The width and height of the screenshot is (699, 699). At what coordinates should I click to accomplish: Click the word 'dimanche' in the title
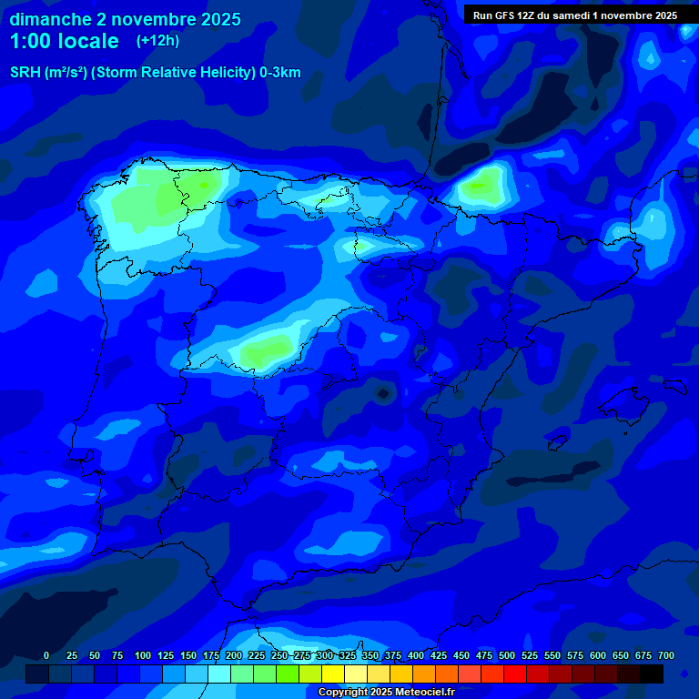tap(50, 19)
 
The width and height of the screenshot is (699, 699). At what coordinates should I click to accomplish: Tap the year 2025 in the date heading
tap(217, 19)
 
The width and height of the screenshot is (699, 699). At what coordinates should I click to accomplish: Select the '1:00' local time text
tap(32, 41)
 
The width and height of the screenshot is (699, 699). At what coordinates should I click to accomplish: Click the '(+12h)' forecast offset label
tap(157, 41)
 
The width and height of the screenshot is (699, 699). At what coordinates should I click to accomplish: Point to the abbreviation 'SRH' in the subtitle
tap(25, 74)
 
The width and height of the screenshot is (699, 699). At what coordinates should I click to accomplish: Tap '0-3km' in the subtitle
tap(280, 74)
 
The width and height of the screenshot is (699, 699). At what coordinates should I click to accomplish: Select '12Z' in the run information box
tap(532, 15)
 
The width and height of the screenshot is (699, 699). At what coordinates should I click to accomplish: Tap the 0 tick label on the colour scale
tap(46, 656)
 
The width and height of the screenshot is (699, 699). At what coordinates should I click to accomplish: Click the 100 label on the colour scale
tap(143, 656)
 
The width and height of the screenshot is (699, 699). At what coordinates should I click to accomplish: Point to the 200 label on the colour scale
tap(234, 656)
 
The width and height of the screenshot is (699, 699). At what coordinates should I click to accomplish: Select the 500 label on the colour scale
tap(507, 656)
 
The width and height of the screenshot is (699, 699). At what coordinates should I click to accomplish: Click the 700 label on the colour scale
tap(666, 656)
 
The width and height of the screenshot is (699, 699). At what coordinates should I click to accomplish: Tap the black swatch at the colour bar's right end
tap(652, 674)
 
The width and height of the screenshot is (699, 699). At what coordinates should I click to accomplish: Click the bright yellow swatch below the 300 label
tap(333, 674)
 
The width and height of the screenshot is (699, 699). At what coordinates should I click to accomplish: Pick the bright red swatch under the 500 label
tap(515, 674)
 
